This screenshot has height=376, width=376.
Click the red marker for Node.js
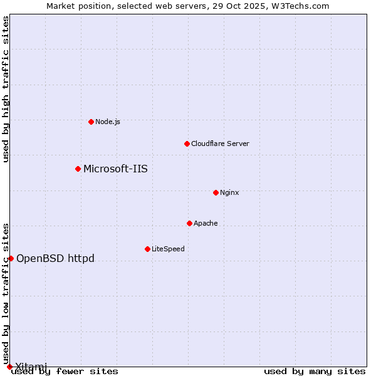coord(91,122)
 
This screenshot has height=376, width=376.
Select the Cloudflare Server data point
coord(187,144)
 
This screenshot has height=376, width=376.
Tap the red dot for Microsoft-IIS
coord(78,169)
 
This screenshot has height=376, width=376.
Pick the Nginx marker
coord(216,192)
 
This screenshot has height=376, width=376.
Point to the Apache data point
coord(189,223)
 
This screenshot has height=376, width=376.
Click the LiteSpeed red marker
coord(147,249)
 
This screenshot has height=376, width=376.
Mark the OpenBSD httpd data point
coord(11,258)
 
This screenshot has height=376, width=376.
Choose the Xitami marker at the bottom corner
coord(9,367)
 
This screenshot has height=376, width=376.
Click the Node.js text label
coord(108,122)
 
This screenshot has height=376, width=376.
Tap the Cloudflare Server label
coord(220,144)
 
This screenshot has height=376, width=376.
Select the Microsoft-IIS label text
coord(115,169)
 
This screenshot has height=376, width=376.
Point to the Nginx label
coord(229,192)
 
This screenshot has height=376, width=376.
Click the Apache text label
coord(206,223)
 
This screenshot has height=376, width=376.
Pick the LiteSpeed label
coord(168,249)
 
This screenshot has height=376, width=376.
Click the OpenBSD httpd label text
coord(55,258)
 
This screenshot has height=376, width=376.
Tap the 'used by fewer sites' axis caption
coord(65,372)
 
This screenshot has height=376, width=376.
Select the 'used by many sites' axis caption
coord(315,372)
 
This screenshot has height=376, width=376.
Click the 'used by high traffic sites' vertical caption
coord(6,89)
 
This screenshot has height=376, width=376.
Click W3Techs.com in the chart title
coord(305,6)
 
